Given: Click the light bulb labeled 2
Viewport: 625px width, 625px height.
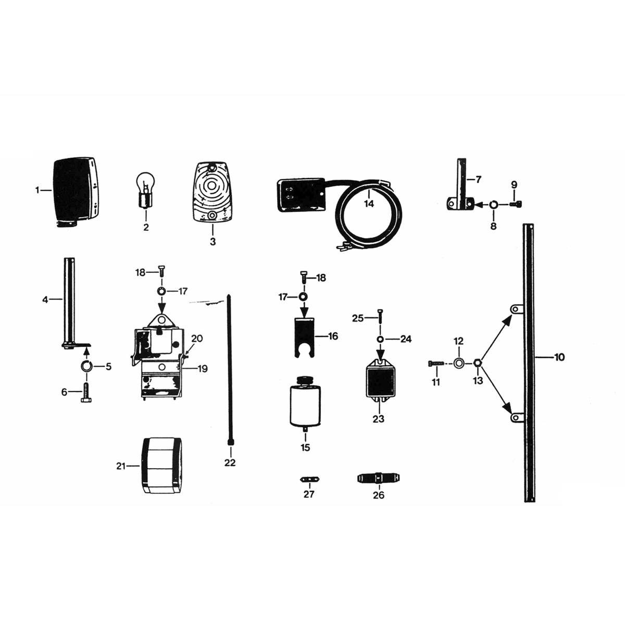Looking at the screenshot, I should pyautogui.click(x=146, y=190).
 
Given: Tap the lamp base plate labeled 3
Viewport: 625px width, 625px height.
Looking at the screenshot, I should pyautogui.click(x=212, y=192).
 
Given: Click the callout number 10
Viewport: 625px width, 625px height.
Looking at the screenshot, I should pyautogui.click(x=559, y=357).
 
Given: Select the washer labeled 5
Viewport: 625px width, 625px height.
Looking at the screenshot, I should pyautogui.click(x=86, y=366).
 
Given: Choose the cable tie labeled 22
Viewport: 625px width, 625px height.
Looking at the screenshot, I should pyautogui.click(x=230, y=370).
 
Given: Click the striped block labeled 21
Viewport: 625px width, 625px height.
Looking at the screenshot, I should pyautogui.click(x=161, y=466).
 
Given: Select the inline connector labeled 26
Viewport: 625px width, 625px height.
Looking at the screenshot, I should pyautogui.click(x=379, y=478).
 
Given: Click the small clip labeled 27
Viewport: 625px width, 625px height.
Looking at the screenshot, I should pyautogui.click(x=309, y=479).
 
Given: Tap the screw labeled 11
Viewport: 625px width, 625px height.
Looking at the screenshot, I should pyautogui.click(x=436, y=363).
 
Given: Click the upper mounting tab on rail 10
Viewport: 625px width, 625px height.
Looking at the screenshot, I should pyautogui.click(x=516, y=309).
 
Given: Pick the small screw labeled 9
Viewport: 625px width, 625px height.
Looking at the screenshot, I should pyautogui.click(x=518, y=204).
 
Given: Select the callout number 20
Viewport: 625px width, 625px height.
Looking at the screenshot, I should pyautogui.click(x=196, y=339).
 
